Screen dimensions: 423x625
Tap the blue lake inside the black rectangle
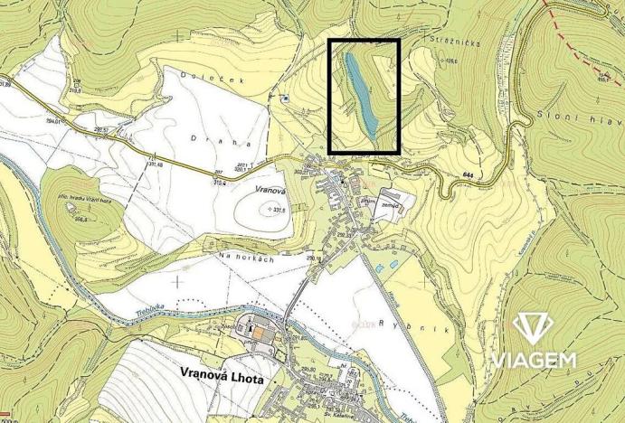pos(360,89)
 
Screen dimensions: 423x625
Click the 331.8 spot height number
pos(277,209)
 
